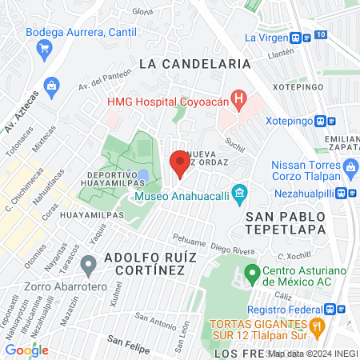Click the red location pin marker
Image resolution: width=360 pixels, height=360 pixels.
[x=179, y=163]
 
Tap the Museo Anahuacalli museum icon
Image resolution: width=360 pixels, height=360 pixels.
[x=238, y=193]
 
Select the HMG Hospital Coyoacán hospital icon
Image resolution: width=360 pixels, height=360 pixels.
[x=238, y=100]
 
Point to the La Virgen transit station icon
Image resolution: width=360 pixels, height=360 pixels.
[x=296, y=38]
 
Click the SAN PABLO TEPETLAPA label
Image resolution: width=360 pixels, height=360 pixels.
[x=286, y=223]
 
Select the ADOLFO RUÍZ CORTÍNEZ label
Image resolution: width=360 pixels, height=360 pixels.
[x=145, y=265]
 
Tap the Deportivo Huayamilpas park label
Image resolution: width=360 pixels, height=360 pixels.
[x=110, y=180]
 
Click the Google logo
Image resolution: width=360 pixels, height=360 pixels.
[x=27, y=350]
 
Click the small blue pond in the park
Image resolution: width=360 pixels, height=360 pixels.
[x=142, y=174]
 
